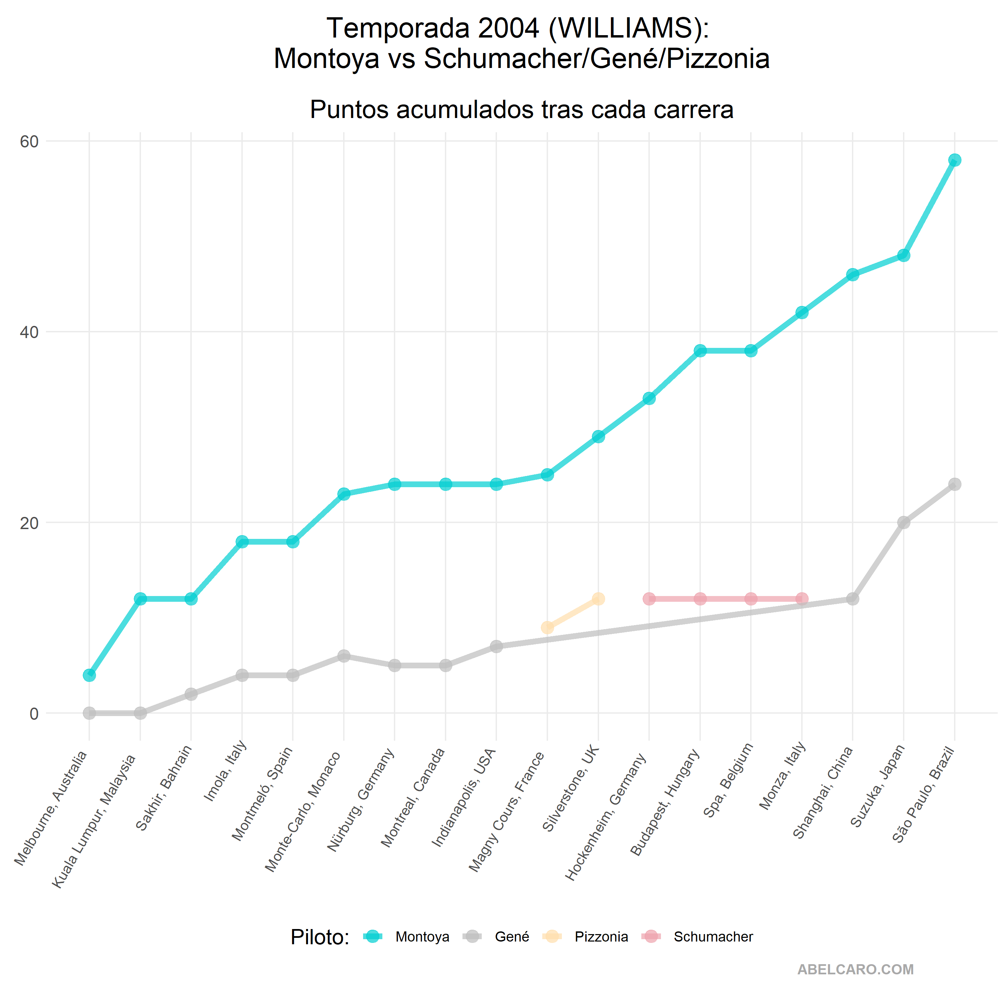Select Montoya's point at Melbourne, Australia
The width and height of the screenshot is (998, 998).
tap(89, 675)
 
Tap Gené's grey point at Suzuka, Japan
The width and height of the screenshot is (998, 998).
tap(903, 523)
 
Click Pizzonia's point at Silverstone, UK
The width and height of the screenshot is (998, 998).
tap(598, 599)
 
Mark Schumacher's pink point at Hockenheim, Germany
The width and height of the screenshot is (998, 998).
tap(649, 599)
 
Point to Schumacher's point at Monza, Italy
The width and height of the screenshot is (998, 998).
tap(802, 599)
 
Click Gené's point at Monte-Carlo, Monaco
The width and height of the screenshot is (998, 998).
tap(343, 656)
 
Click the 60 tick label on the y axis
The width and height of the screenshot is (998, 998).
tap(29, 142)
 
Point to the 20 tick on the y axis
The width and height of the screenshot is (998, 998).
tap(29, 523)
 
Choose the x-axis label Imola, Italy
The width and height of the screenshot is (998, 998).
tap(225, 771)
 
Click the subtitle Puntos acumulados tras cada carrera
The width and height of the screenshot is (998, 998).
tap(522, 110)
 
